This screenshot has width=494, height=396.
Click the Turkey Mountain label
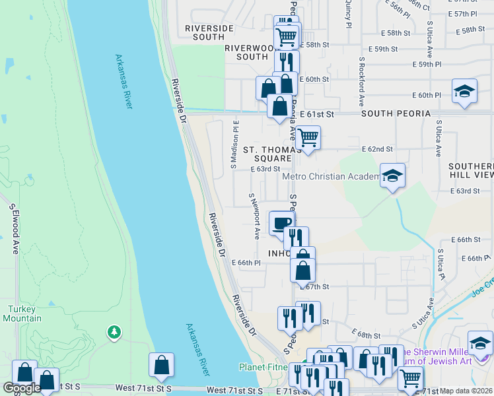26,313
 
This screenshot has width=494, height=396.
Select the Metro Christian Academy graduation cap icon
392,176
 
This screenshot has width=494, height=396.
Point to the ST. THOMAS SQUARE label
267,154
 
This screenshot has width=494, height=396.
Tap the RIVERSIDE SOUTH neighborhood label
209,32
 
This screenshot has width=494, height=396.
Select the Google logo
22,388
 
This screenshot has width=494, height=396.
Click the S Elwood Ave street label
13,228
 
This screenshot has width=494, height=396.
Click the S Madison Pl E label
234,143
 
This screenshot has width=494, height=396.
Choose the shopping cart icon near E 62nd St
307,138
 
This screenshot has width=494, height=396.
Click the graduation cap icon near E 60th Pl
464,91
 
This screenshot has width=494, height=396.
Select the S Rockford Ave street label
362,81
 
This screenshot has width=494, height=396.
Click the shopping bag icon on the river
161,365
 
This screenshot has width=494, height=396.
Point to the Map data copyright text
466,391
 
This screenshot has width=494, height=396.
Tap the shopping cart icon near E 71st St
409,379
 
